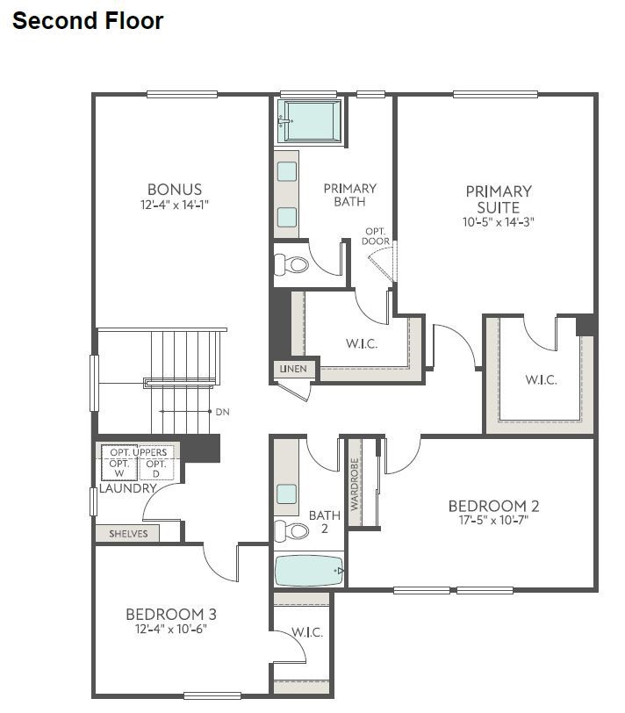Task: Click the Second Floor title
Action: pos(88,21)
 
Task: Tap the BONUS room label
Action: pos(175,189)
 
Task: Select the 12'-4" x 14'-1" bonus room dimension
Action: pos(175,205)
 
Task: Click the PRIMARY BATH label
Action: pos(349,195)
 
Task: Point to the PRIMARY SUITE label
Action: pos(499,199)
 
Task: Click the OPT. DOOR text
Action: pos(377,236)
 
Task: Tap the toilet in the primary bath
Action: pos(292,264)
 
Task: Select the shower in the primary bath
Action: pos(310,120)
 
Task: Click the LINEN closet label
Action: pos(293,369)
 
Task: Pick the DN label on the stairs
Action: pos(222,411)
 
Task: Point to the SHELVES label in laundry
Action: pos(128,533)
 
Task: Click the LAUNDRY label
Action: pos(126,488)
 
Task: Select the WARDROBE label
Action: pos(356,484)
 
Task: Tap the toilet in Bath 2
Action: pos(292,530)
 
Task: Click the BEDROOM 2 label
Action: pos(493,506)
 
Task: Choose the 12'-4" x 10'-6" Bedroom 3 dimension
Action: pos(170,629)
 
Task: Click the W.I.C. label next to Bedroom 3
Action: pos(307,632)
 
